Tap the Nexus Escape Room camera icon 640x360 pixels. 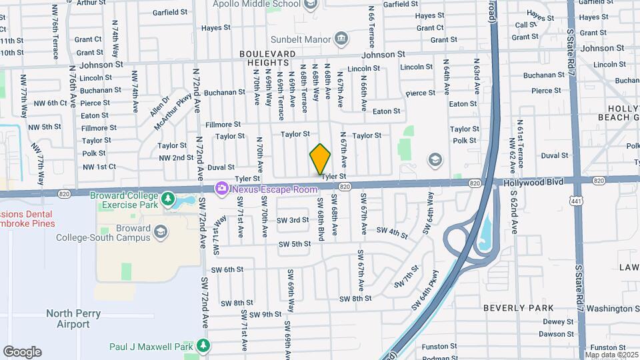click(221, 189)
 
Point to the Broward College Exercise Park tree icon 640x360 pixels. click(168, 199)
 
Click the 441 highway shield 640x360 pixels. click(575, 199)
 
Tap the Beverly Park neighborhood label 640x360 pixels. click(518, 308)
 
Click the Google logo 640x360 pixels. click(22, 351)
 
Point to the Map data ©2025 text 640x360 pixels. click(611, 355)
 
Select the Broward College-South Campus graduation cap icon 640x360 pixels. click(160, 231)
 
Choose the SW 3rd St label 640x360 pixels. click(293, 220)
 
